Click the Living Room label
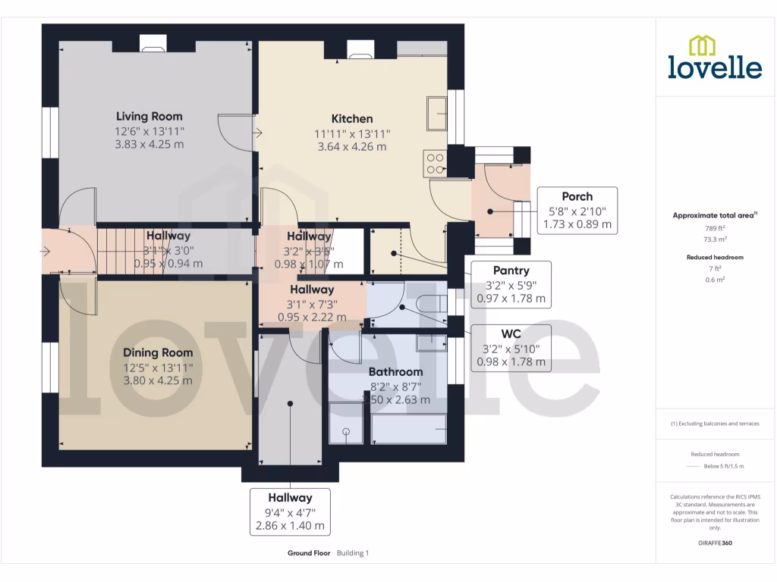click(149, 117)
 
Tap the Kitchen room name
click(352, 119)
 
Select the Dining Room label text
click(158, 352)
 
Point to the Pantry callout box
click(511, 284)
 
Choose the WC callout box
click(511, 348)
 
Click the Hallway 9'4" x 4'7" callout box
click(290, 512)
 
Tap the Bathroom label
click(395, 372)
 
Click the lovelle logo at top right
click(715, 58)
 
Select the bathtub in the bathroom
click(408, 428)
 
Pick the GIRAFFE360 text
click(715, 543)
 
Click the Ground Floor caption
click(309, 553)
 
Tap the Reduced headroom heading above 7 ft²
click(715, 258)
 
